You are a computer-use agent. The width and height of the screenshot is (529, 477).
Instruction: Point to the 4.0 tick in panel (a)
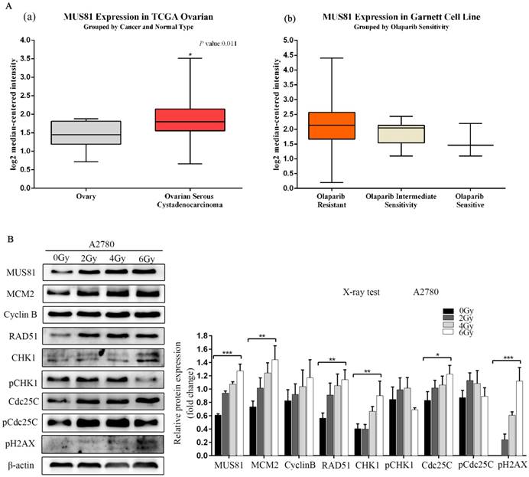coord(28,58)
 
